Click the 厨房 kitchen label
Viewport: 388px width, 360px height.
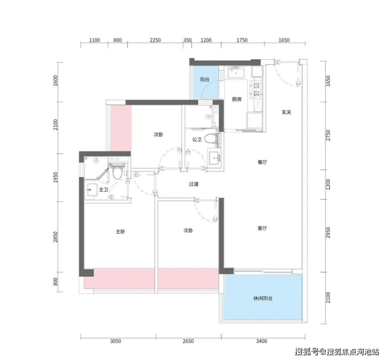(237, 100)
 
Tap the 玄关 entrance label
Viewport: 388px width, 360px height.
(286, 112)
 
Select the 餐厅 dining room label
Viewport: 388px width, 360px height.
(262, 162)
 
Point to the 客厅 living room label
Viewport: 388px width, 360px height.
(262, 228)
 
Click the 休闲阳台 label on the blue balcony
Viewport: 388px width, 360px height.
(263, 298)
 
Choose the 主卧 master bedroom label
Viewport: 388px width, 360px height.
(121, 232)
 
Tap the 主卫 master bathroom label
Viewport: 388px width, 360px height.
(104, 190)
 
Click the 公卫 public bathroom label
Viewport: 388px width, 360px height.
(197, 139)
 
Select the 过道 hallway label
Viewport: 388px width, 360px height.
(194, 184)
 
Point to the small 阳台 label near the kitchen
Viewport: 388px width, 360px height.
(204, 79)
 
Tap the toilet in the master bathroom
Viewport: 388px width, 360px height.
(117, 172)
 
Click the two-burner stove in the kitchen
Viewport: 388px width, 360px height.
(256, 90)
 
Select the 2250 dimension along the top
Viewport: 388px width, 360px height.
(155, 40)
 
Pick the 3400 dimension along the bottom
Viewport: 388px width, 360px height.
(262, 341)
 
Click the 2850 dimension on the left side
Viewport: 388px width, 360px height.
(56, 237)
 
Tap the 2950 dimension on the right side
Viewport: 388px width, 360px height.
(328, 233)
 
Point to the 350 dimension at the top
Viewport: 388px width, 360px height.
(187, 40)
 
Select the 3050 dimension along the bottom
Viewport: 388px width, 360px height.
(115, 341)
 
